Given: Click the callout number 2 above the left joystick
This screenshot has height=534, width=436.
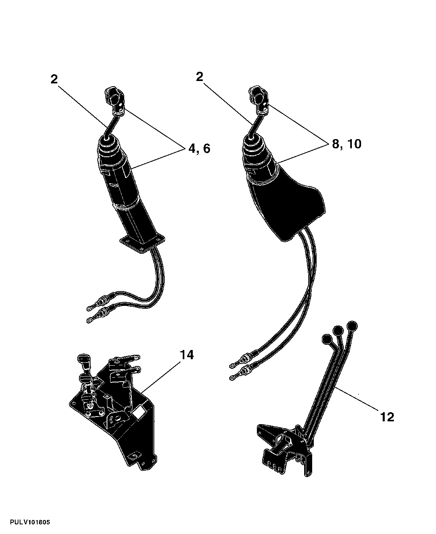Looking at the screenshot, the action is click(54, 79).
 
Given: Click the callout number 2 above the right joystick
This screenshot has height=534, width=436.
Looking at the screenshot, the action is click(200, 77).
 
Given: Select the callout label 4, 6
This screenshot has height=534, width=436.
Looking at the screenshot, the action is click(199, 149).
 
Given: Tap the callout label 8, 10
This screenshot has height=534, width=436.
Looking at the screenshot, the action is click(347, 144).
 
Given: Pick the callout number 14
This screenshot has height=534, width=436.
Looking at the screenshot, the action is click(187, 355).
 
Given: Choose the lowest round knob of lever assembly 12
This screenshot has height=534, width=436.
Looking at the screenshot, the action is click(327, 339).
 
